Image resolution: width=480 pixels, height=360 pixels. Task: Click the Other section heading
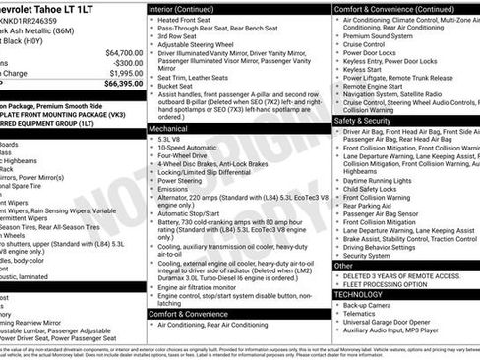(343, 266)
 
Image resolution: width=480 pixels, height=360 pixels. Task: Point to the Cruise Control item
(366, 44)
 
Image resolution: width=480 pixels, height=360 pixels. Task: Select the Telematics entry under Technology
(363, 314)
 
